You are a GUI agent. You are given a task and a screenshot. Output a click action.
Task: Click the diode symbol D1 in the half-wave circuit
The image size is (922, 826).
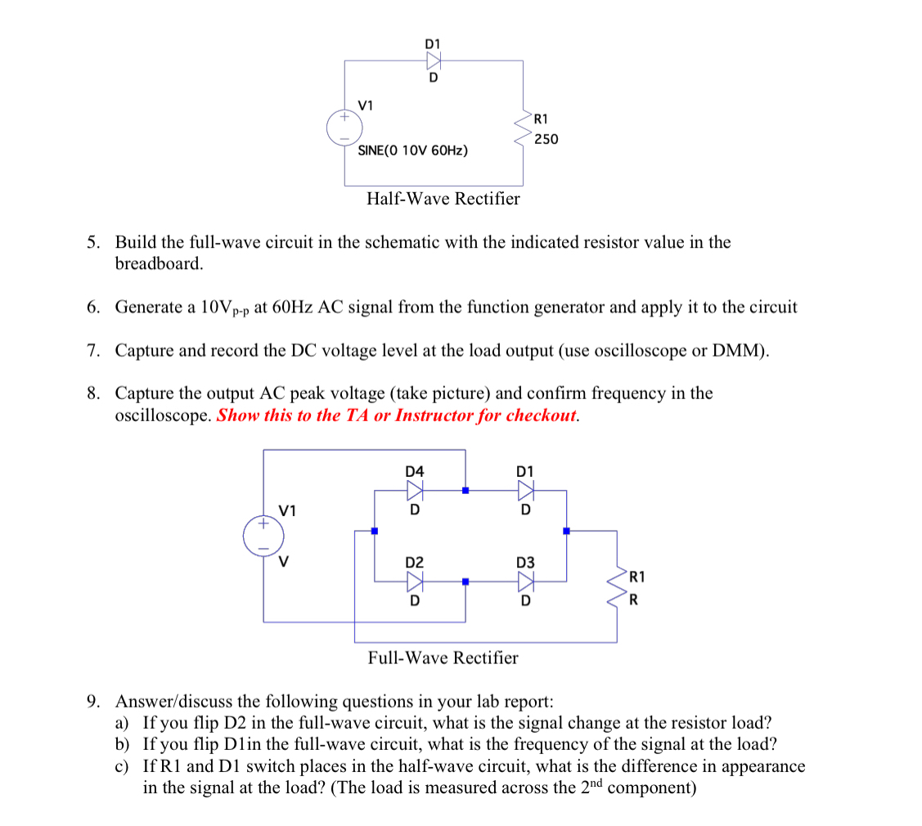433,60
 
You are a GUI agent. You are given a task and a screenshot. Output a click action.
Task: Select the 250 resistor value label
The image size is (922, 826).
546,139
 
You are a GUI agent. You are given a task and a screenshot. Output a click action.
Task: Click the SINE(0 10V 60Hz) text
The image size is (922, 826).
413,151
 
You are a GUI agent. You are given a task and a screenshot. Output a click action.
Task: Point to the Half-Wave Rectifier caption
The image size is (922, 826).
443,199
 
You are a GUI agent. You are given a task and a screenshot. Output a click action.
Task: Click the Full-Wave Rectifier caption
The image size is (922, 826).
443,658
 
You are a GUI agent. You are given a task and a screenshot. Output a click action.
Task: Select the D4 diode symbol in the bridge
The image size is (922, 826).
415,490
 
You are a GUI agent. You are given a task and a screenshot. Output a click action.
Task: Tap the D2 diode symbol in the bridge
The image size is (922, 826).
415,581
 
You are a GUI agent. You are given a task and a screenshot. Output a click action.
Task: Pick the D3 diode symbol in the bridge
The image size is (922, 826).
525,581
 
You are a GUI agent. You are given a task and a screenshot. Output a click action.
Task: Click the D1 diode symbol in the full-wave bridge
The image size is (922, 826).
525,490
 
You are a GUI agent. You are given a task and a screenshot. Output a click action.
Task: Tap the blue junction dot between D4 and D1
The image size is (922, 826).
465,491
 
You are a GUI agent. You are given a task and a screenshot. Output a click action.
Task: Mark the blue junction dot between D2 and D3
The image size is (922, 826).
465,582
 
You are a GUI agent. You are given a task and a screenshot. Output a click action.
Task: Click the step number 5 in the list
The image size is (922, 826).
94,242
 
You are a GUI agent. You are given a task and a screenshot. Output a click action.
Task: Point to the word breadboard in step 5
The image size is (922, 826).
158,264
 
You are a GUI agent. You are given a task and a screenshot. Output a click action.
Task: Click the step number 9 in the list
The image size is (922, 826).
94,702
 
